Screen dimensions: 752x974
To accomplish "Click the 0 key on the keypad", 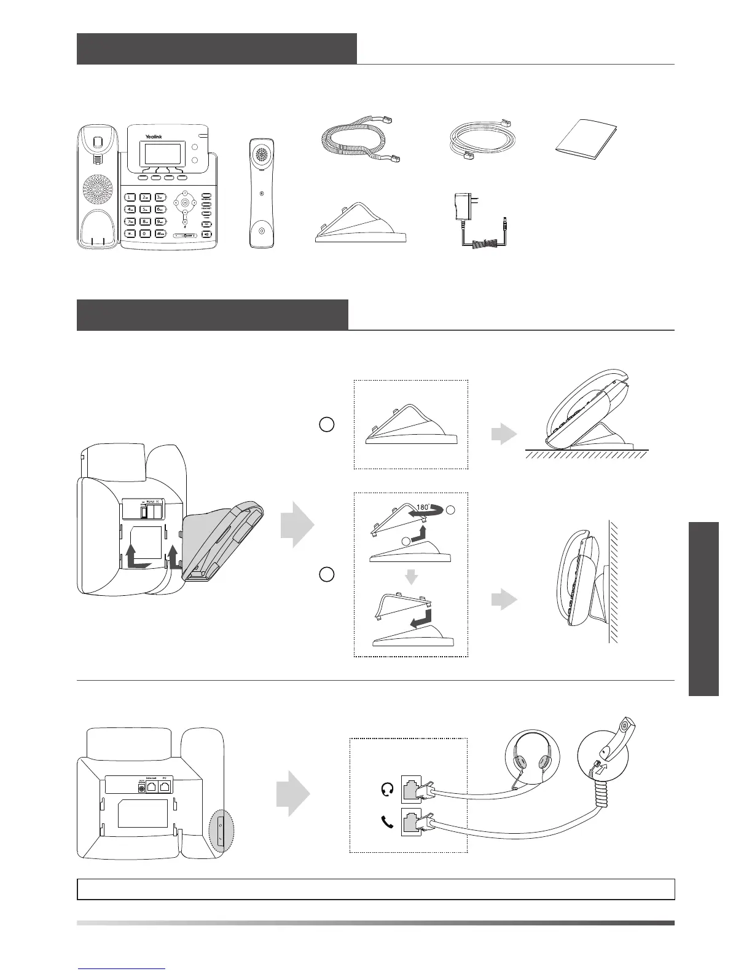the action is (x=144, y=233).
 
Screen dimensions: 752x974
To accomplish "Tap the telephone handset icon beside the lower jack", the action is (x=387, y=822).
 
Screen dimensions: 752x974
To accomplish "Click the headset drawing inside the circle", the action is (x=531, y=763).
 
